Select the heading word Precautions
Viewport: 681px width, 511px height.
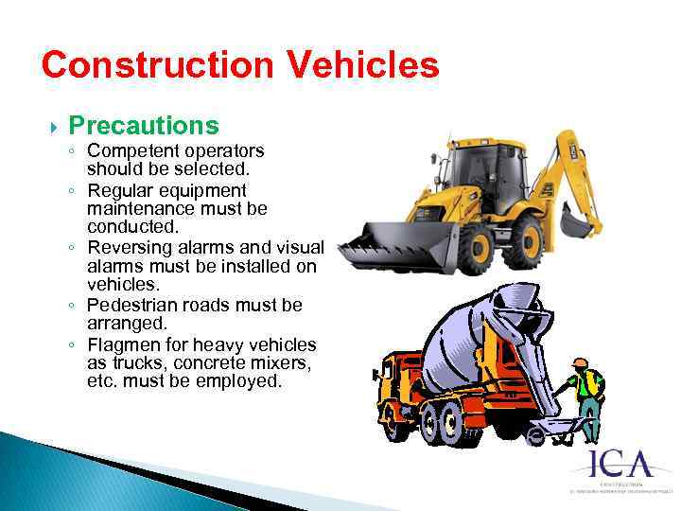(144, 126)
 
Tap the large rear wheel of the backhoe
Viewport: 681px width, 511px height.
(521, 242)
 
